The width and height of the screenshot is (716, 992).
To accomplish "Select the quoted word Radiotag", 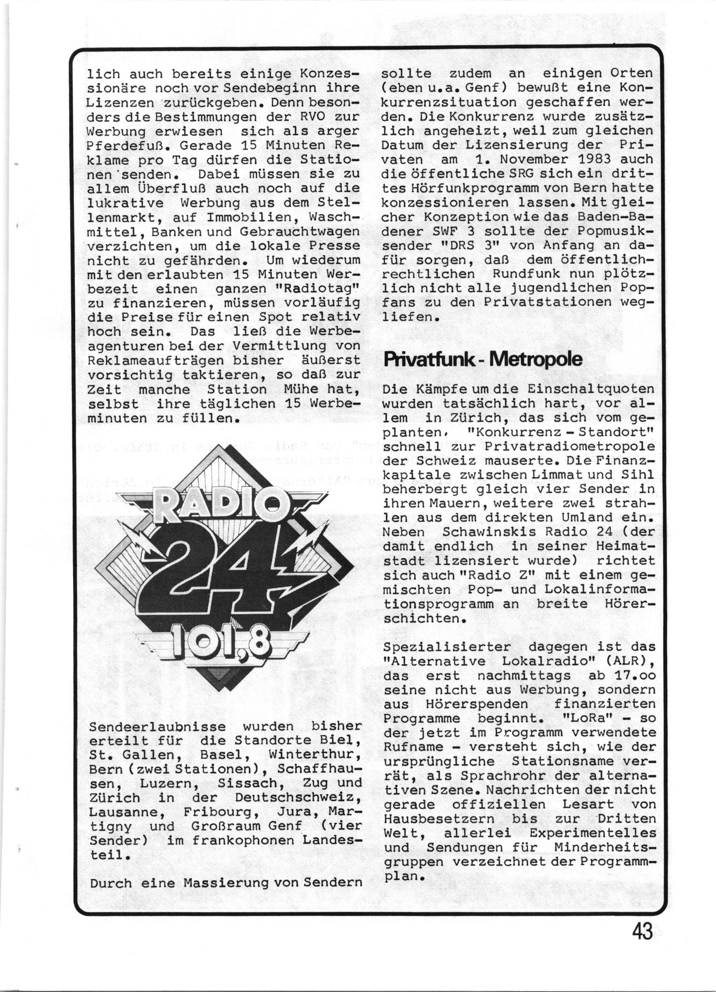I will pos(315,289).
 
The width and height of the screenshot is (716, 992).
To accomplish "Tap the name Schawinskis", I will pos(475,532).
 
